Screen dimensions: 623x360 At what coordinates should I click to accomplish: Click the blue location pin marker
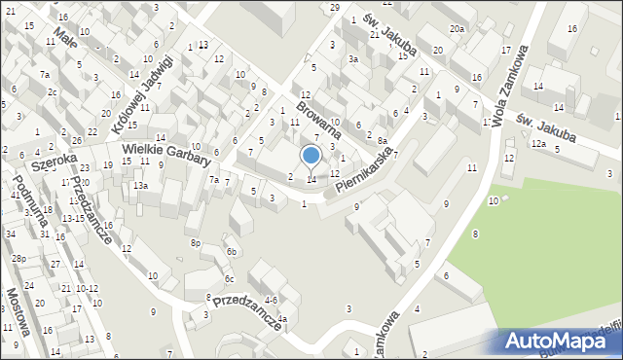click(311, 157)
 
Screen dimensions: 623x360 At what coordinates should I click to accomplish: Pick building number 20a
click(457, 30)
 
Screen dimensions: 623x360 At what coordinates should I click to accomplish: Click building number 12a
click(537, 143)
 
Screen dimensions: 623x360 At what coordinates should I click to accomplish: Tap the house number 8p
click(196, 242)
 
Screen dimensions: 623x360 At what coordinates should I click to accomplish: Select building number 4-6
click(271, 300)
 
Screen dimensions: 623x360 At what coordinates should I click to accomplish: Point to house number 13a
click(141, 185)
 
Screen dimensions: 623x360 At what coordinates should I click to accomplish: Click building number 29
click(335, 8)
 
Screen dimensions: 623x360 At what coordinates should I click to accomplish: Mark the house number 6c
click(228, 279)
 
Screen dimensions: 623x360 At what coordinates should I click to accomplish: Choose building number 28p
click(18, 258)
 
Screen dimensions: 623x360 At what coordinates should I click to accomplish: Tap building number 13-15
click(73, 218)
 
